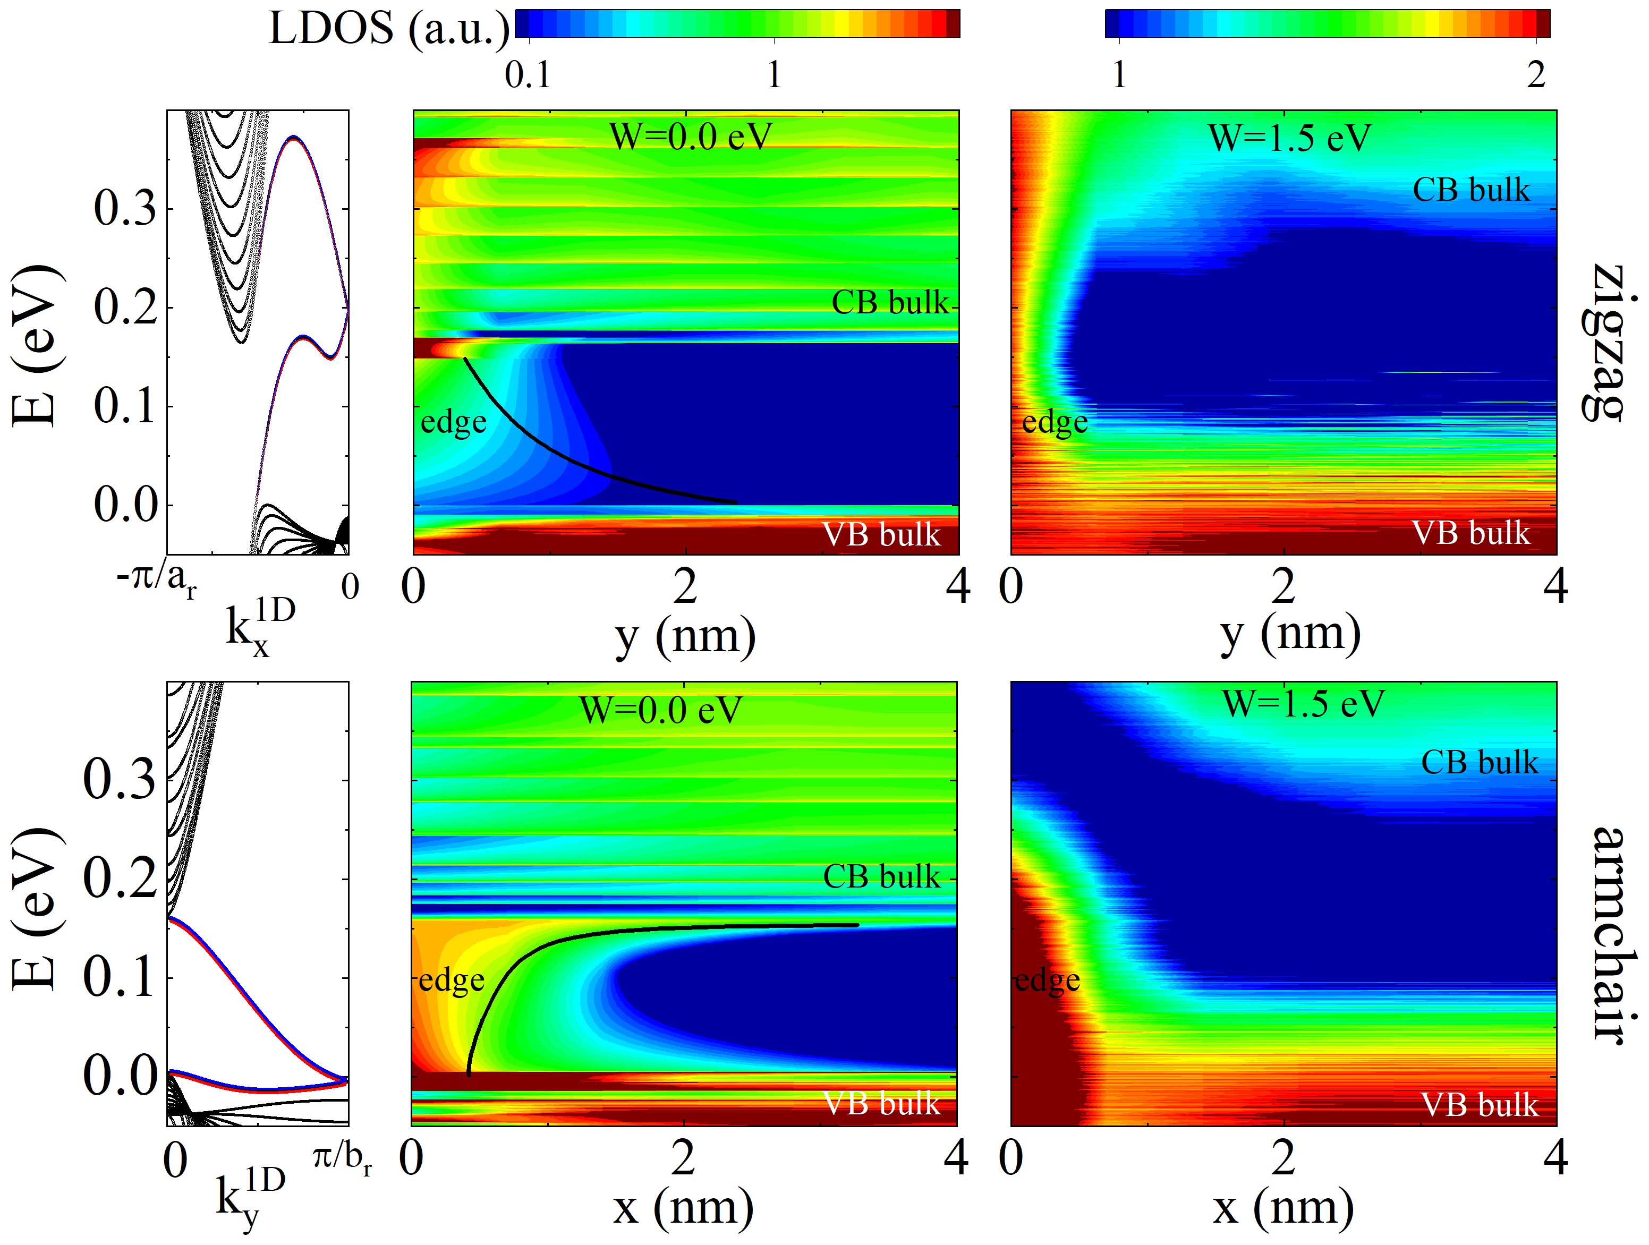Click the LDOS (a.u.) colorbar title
[388, 30]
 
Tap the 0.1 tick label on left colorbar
[528, 74]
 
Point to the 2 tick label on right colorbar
[1536, 74]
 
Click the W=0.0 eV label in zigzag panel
[690, 137]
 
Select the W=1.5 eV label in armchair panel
[1303, 703]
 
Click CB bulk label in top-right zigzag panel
[1471, 190]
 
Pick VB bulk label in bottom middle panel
[881, 1103]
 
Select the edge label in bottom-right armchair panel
[1047, 980]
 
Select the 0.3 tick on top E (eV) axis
[125, 209]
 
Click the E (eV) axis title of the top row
[36, 344]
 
